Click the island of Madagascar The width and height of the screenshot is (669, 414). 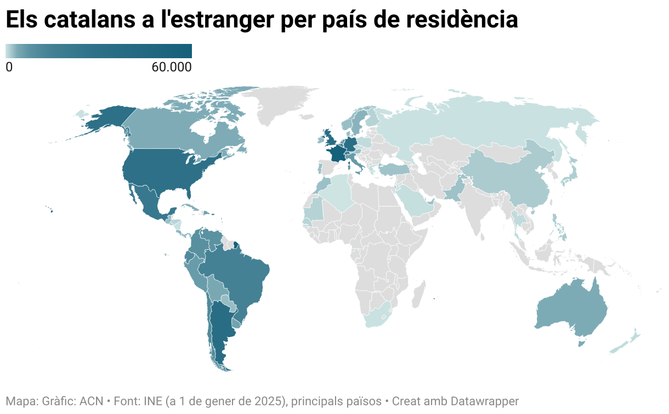[x=419, y=294]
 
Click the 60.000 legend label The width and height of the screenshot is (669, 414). [x=172, y=68]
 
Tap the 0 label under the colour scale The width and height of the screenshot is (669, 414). [x=9, y=68]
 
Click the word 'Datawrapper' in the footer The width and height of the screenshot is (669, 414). [x=485, y=401]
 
